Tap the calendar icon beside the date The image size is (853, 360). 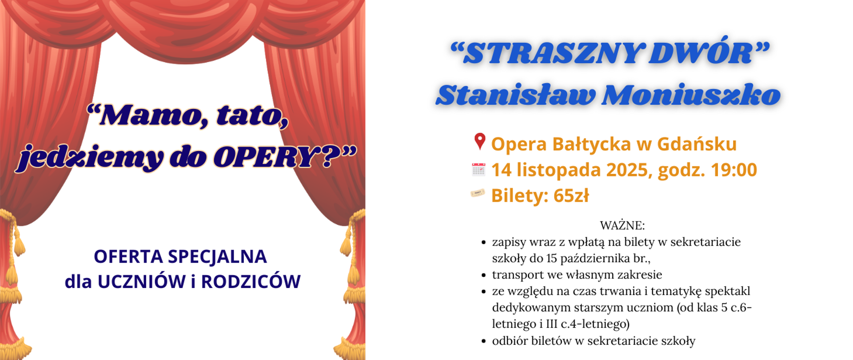pos(478,169)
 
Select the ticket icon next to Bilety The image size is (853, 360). pos(478,193)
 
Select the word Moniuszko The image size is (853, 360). pos(691,95)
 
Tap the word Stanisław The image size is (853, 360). pos(515,95)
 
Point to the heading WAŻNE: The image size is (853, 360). pos(622,225)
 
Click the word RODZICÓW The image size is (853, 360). pos(251,282)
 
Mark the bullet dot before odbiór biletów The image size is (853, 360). pos(484,341)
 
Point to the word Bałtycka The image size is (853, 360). pos(592,144)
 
